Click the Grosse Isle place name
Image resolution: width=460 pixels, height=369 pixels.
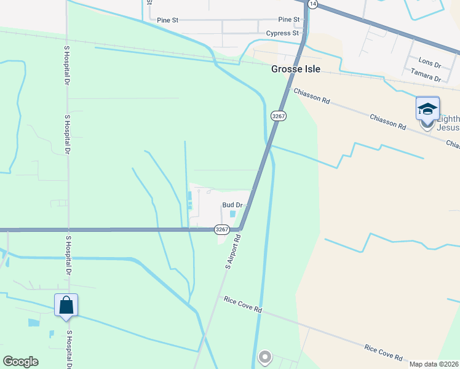point(296,69)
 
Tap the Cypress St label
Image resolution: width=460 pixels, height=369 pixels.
point(282,33)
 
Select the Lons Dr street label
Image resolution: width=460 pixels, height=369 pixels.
point(430,63)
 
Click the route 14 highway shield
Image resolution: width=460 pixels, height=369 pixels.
point(313,4)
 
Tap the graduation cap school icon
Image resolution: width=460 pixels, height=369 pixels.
point(427,109)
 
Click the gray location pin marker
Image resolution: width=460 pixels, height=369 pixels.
point(265,357)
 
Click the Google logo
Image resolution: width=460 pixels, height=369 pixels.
point(20,362)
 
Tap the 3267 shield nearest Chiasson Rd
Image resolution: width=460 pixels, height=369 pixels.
point(277,115)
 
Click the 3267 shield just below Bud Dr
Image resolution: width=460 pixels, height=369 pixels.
point(222,229)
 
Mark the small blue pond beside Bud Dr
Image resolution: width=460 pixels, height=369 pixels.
point(232,215)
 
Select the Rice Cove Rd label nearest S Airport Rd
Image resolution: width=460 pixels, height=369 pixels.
point(242,304)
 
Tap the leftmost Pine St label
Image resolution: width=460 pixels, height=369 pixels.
point(166,20)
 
